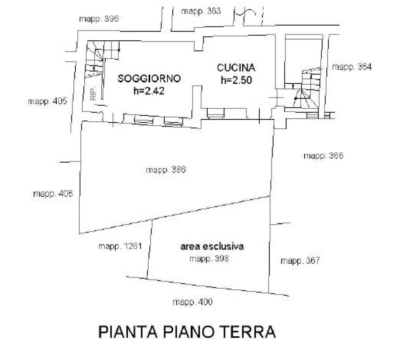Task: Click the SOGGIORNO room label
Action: coord(149,78)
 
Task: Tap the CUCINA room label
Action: coord(236,67)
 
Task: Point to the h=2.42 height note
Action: coord(149,91)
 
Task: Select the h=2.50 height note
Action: coord(236,80)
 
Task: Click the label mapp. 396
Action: coord(99,19)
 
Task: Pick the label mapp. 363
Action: coord(201,11)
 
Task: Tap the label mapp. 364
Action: coord(352,67)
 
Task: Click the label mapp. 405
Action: coord(47,101)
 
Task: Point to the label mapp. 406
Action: coord(53,194)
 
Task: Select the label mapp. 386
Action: coord(166,170)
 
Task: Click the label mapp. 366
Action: coord(323,156)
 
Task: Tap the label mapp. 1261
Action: coord(120,246)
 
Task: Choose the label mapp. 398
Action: coord(209,259)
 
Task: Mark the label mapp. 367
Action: coord(300,261)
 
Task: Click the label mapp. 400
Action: coord(193,302)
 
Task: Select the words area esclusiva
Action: coord(212,246)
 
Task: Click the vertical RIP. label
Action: coord(93,94)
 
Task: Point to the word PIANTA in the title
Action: coord(128,332)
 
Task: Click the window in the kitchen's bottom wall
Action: coord(216,113)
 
